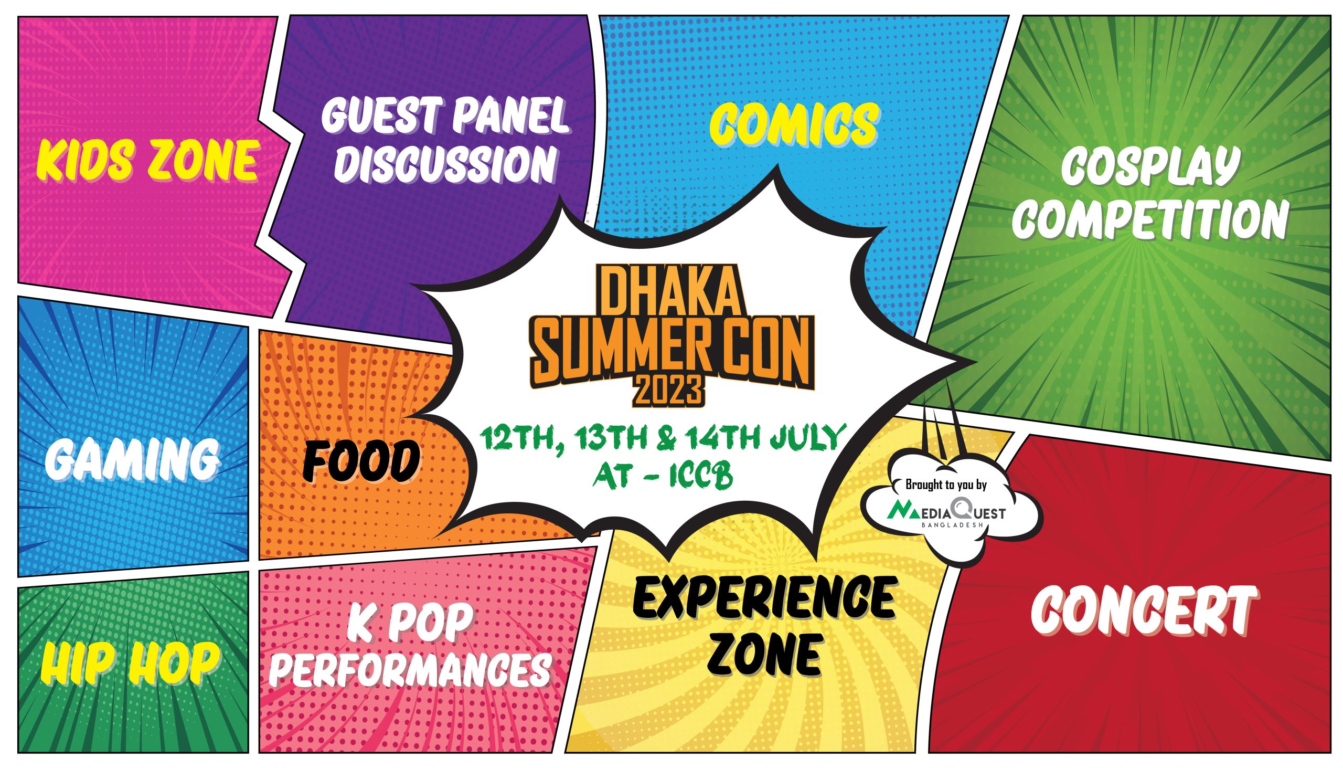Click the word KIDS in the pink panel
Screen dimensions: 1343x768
[85, 160]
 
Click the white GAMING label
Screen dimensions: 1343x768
[132, 459]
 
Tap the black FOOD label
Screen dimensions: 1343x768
[361, 462]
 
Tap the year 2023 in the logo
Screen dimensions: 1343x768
[669, 391]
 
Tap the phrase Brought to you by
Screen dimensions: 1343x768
[946, 485]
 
